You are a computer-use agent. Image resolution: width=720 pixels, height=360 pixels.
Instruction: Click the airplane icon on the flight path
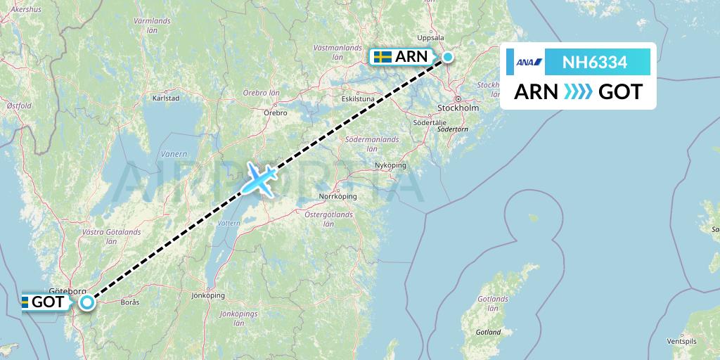point(259,179)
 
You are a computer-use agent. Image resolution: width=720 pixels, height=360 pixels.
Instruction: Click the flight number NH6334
point(595,63)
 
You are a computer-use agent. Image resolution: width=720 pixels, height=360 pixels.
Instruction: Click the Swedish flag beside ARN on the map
point(382,58)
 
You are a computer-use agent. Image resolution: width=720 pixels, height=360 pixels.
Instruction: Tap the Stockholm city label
point(458,108)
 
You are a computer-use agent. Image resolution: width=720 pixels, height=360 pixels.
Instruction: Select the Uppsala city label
point(431,38)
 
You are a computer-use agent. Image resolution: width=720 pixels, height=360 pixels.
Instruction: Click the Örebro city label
point(275,112)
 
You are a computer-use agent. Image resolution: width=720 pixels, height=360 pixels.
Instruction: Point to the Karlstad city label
point(166,98)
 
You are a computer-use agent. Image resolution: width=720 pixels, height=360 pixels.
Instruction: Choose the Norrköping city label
point(338,196)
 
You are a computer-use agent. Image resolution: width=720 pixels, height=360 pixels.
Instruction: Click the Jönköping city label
point(207,296)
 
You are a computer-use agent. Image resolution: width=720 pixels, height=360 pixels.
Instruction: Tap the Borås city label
point(130,303)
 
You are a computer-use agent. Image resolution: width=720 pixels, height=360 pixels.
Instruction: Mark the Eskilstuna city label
point(358,99)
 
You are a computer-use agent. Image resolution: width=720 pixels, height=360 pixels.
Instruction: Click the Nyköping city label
point(391,165)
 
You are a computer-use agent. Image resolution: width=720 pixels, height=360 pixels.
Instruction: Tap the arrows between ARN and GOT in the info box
point(578,91)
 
